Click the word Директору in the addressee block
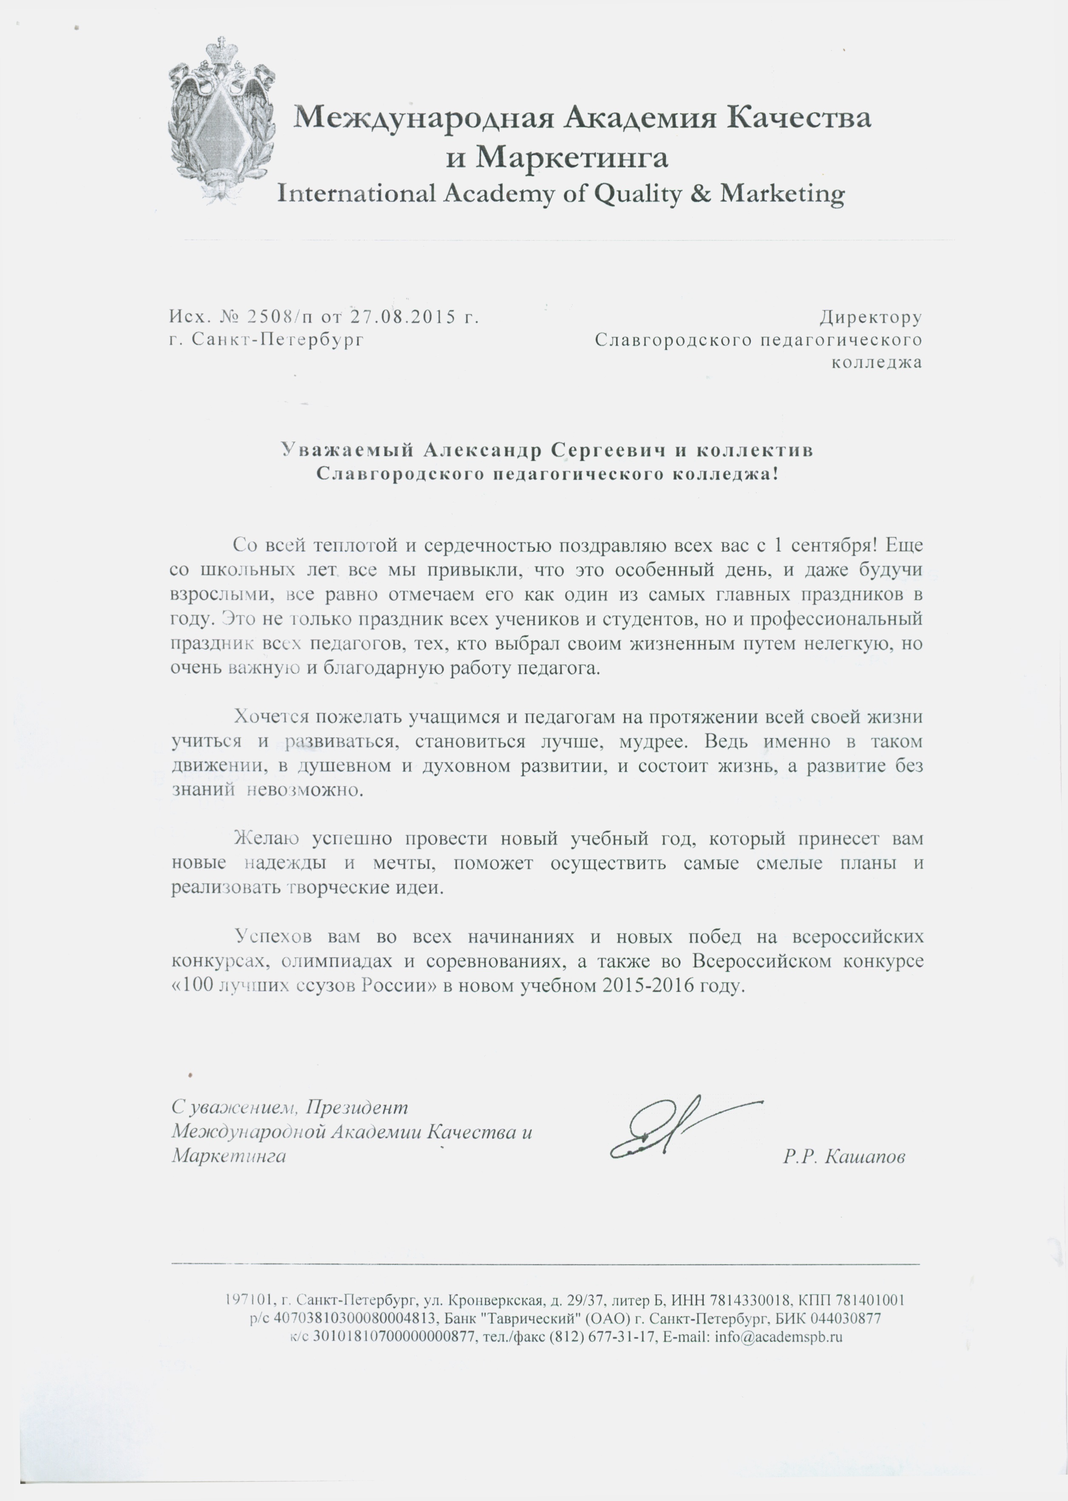[x=870, y=317]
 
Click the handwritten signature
[x=677, y=1129]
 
